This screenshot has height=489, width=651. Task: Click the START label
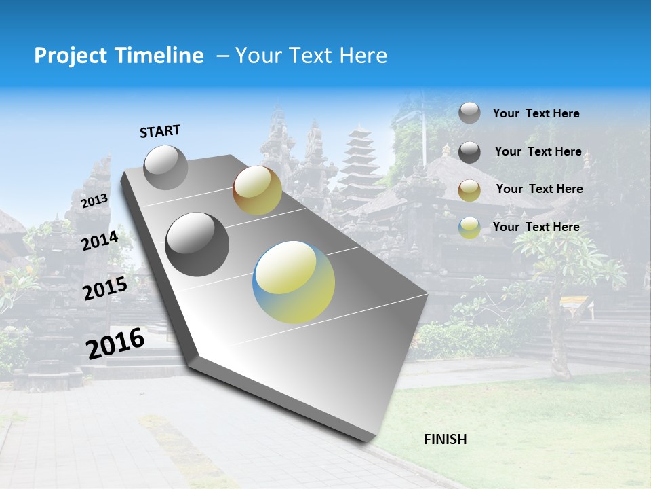coord(160,131)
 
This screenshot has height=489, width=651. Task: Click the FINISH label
coord(445,439)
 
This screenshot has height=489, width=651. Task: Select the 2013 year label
coord(94,201)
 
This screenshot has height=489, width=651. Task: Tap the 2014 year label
coord(100,240)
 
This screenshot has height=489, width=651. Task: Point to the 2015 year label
coord(104,289)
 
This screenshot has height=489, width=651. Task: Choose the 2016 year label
coord(115,344)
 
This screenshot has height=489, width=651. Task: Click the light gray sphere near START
coord(165,167)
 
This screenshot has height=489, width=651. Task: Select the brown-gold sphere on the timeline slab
coord(257,190)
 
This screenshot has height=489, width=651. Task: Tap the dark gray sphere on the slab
coord(197,244)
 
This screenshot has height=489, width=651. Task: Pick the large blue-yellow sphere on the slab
coord(294,282)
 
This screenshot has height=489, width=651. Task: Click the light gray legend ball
coord(469,113)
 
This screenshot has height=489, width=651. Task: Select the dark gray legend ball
coord(469,152)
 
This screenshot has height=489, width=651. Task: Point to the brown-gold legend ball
coord(469,190)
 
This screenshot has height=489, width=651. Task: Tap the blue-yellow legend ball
coord(469,228)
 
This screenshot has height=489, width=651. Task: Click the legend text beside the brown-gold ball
coord(539,189)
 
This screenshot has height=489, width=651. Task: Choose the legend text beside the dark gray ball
coord(538,151)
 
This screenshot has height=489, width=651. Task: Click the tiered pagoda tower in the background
coord(359,163)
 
